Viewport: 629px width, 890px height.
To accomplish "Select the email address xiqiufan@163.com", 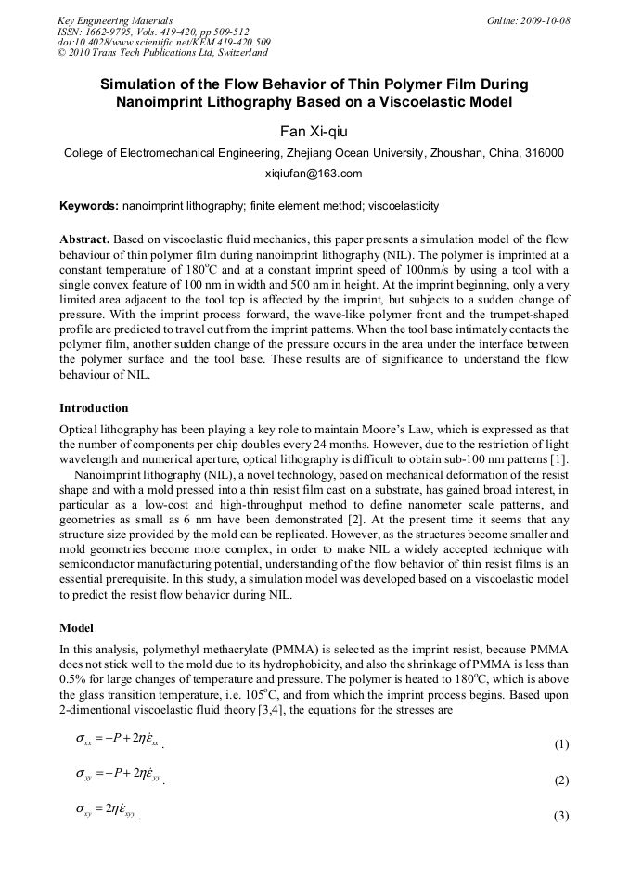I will click(314, 174).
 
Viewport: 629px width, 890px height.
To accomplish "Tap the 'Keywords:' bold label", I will click(88, 206).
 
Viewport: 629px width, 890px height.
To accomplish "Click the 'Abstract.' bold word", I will click(85, 239).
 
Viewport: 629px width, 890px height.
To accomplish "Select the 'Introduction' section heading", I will click(94, 408).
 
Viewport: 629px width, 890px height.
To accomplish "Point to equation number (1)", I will click(560, 744).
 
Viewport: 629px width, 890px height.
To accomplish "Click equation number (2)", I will click(560, 780).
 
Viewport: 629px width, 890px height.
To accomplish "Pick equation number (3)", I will click(560, 816).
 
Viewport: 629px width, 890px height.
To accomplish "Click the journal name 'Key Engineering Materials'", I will click(115, 20).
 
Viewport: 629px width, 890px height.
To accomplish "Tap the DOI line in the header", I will click(164, 43).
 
